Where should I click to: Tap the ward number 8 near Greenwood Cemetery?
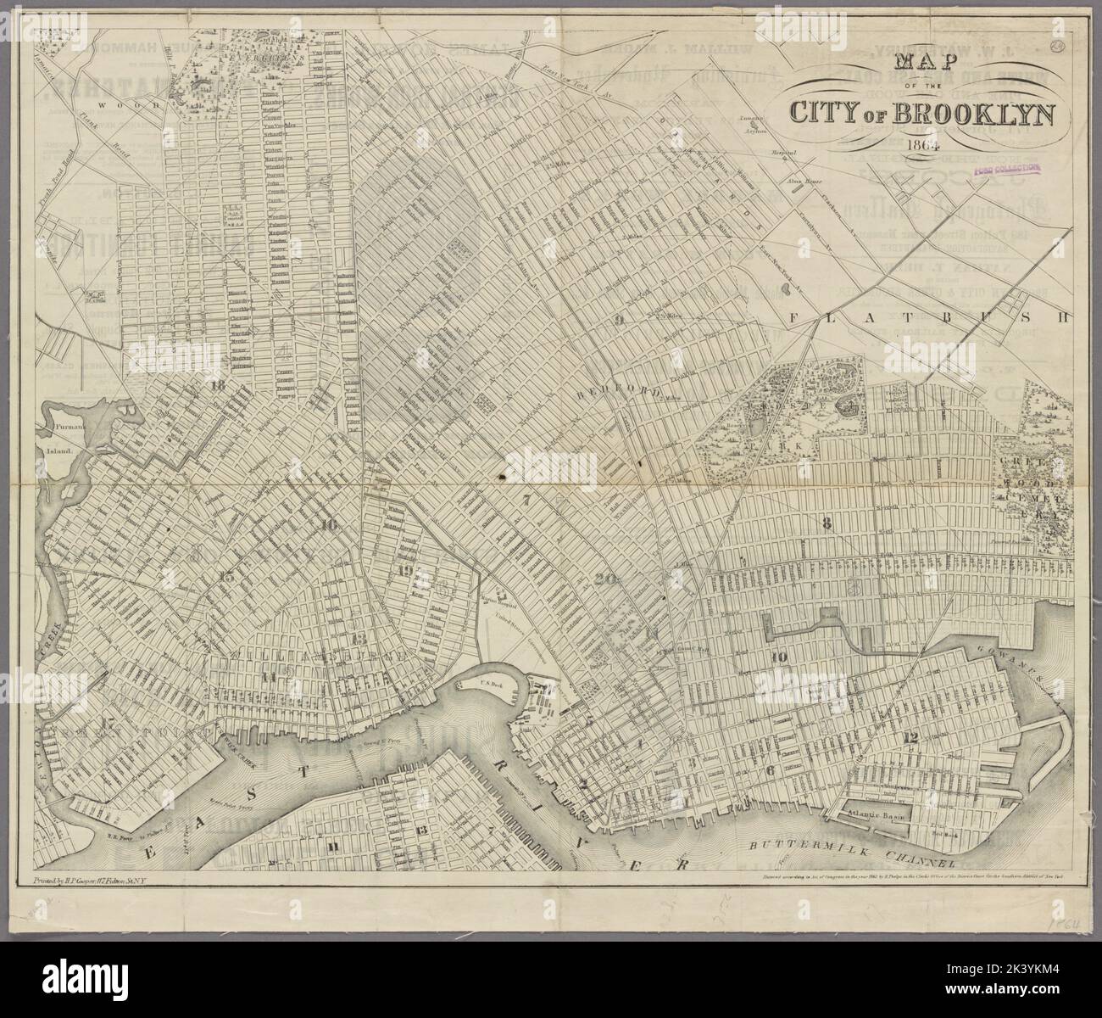click(x=826, y=523)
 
